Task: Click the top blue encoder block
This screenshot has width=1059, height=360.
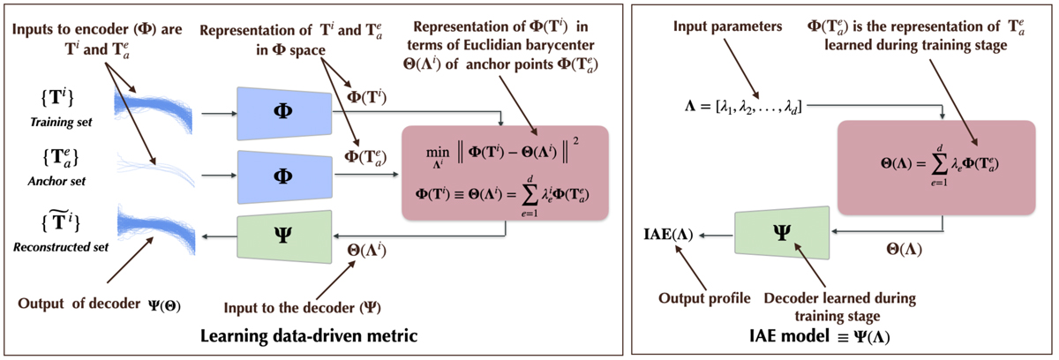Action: tap(284, 114)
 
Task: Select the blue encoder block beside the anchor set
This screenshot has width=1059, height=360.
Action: tap(284, 177)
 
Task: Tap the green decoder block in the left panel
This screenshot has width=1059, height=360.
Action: tap(284, 236)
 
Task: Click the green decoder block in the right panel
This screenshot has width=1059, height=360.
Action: tap(782, 232)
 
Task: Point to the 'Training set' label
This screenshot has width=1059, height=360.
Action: tap(61, 123)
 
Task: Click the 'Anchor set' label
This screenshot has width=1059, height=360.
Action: tap(56, 182)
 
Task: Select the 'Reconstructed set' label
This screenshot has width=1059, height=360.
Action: tap(61, 247)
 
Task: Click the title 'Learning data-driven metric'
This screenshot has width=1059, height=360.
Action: tap(309, 336)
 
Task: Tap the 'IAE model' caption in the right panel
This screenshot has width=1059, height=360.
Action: tap(820, 336)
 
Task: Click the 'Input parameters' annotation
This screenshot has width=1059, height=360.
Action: tap(727, 26)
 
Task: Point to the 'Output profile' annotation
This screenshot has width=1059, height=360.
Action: tap(704, 298)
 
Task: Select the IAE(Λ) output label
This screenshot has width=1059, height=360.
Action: tap(668, 235)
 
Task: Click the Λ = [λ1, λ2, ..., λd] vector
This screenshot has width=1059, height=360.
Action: tap(743, 108)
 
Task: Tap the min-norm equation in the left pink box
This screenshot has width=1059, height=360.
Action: tap(502, 153)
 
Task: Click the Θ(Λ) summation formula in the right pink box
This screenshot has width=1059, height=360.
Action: tap(939, 164)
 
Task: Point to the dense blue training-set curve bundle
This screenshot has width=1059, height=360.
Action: tap(154, 109)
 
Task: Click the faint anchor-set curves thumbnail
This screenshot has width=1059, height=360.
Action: tap(155, 169)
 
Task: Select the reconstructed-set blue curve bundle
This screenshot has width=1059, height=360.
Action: tap(156, 229)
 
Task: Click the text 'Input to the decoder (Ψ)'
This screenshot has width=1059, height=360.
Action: tap(302, 308)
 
